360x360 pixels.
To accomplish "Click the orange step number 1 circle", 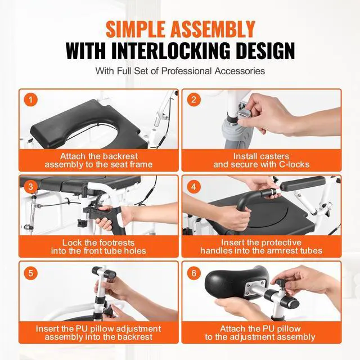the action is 30,100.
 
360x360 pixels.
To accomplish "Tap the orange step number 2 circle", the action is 193,100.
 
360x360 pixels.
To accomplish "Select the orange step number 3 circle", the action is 30,187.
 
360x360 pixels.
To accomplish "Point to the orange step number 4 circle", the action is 193,187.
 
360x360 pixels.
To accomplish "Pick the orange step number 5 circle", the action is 30,273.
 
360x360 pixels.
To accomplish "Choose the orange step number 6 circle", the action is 193,273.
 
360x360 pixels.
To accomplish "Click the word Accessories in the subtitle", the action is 240,71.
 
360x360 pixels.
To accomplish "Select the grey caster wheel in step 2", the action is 237,136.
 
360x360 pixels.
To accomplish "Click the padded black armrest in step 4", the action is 303,184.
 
